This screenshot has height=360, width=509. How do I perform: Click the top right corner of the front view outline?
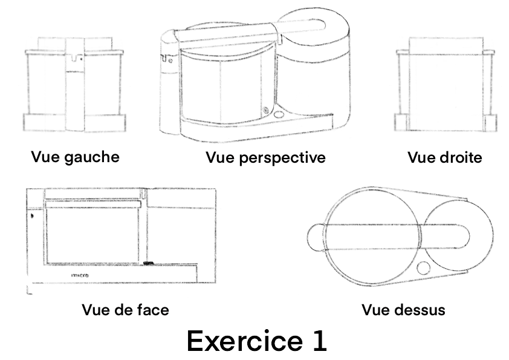pos(216,188)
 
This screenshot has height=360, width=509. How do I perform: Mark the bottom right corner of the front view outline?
pos(216,283)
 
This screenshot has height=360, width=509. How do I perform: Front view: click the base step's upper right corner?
pos(197,264)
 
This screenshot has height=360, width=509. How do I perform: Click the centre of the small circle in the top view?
pos(423,269)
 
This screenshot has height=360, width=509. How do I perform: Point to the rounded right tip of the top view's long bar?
pos(469,237)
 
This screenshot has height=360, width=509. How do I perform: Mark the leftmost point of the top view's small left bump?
pos(307,237)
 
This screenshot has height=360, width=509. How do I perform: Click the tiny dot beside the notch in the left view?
pos(81,59)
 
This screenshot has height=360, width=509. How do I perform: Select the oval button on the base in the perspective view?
pos(279,114)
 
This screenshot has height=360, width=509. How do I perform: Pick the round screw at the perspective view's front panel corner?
pos(266,110)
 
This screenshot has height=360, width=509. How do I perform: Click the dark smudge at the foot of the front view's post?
pos(148,263)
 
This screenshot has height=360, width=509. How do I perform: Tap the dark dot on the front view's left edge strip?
pos(32,215)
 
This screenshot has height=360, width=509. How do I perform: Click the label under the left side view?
pos(76,157)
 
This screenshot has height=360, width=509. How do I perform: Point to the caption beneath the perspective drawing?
pos(265,158)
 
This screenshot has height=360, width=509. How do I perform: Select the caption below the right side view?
pos(445,157)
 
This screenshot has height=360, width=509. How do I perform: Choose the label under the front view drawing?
pos(125,310)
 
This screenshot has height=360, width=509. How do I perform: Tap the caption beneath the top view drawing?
pos(403,310)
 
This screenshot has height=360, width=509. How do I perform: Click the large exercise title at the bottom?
pos(257,341)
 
